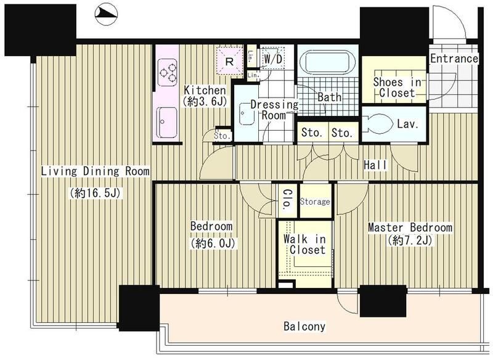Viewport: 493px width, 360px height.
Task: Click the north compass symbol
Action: pyautogui.click(x=105, y=14)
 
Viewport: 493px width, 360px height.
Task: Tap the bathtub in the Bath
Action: pyautogui.click(x=328, y=63)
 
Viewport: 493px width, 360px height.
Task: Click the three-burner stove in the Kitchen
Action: pyautogui.click(x=167, y=73)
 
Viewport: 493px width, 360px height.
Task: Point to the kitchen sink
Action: pyautogui.click(x=167, y=122)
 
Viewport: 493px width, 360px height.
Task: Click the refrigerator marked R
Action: pyautogui.click(x=229, y=61)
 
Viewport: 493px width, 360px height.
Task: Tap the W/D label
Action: pyautogui.click(x=273, y=59)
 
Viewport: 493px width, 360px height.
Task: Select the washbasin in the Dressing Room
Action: pyautogui.click(x=247, y=113)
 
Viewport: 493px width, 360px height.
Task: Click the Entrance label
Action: pyautogui.click(x=454, y=58)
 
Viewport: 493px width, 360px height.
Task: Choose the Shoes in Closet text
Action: pyautogui.click(x=397, y=88)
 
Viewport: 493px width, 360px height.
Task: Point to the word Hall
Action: pyautogui.click(x=375, y=165)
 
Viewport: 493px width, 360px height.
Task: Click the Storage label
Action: pyautogui.click(x=315, y=201)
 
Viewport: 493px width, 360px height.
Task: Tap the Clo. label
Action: pyautogui.click(x=287, y=200)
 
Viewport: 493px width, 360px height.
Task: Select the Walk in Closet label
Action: pyautogui.click(x=304, y=244)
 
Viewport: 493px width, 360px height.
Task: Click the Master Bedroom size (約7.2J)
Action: pyautogui.click(x=410, y=240)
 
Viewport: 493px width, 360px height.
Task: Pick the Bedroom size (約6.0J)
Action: pyautogui.click(x=213, y=243)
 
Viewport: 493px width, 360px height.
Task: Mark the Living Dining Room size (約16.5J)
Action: pyautogui.click(x=95, y=193)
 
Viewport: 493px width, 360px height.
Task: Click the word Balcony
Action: pyautogui.click(x=304, y=326)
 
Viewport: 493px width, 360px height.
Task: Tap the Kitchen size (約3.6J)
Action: pyautogui.click(x=205, y=101)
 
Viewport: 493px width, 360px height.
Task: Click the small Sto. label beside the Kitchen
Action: pyautogui.click(x=222, y=136)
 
